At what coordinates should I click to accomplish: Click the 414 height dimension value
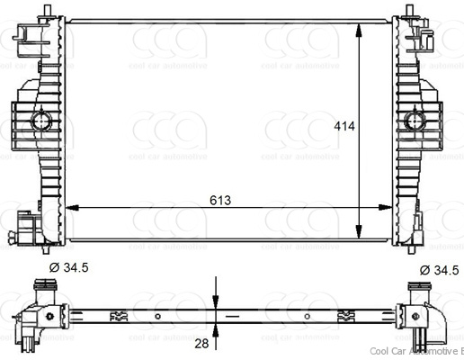pyautogui.click(x=345, y=127)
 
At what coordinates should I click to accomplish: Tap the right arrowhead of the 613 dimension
pyautogui.click(x=388, y=209)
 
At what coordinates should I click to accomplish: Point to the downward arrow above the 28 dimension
pyautogui.click(x=216, y=298)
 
